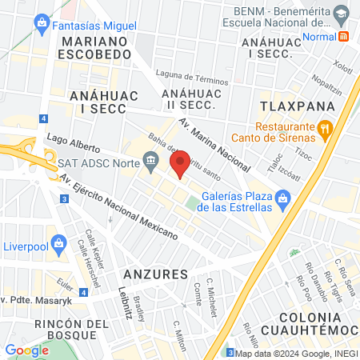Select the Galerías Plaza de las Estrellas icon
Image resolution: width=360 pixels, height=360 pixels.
pos(282,198)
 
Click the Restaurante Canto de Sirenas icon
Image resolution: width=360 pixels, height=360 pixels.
pos(325,128)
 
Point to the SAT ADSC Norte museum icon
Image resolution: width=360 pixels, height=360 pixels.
pos(151,162)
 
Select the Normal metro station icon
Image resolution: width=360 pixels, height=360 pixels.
pos(344,35)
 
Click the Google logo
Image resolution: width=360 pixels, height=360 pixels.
pos(26,350)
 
